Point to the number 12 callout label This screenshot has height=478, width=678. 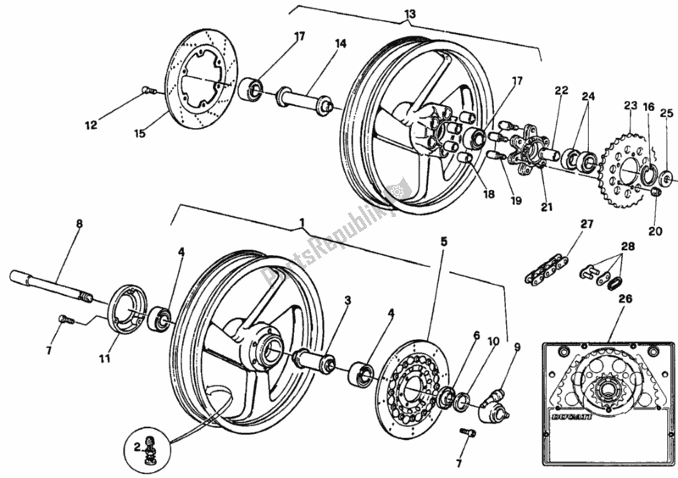click(x=92, y=126)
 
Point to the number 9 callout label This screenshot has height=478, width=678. click(x=518, y=347)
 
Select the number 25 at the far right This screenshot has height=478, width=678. click(x=665, y=113)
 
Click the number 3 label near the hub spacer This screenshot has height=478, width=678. click(x=348, y=301)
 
